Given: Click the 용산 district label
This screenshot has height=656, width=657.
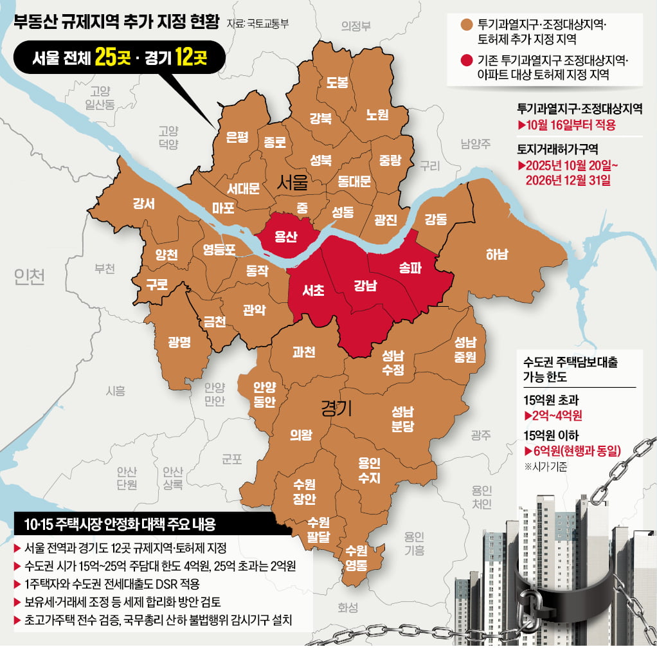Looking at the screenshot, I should (285, 237).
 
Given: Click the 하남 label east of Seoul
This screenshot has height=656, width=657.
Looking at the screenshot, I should (496, 255).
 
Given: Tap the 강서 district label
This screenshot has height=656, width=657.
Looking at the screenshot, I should (143, 204).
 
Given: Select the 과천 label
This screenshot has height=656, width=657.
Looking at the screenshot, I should (303, 352).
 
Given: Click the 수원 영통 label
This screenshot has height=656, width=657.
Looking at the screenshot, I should (356, 558).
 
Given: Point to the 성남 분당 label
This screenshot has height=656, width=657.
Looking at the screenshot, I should (402, 418).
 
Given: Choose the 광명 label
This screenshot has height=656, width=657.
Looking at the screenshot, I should (179, 342).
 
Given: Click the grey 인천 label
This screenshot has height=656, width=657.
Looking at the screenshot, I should (30, 277).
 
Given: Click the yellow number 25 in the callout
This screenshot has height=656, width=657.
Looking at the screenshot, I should (105, 59).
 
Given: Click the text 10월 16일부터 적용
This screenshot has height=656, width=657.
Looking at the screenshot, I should (571, 125).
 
